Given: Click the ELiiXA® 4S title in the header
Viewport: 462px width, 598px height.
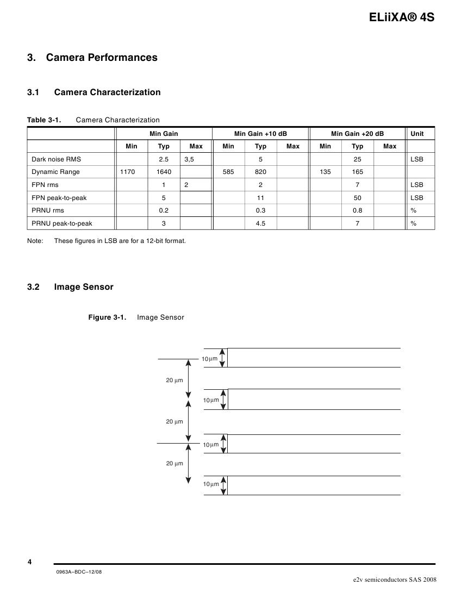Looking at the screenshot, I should point(402,17).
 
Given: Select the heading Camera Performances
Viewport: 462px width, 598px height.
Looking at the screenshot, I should point(102,58).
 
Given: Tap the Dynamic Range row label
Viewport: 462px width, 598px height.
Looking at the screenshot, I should point(55,172).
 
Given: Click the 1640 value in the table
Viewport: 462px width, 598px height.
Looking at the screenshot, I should point(164,172).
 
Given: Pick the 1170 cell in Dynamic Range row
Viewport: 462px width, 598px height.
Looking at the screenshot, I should point(132,172).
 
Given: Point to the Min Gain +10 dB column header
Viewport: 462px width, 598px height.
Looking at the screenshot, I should point(260,134).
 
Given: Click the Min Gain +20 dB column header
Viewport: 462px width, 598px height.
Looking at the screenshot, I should point(357,134).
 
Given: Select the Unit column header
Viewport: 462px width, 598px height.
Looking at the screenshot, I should point(417,134).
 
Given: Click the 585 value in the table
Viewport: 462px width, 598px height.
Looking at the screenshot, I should point(228,172).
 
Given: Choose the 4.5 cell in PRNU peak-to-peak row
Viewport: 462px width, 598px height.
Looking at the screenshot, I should point(260,223).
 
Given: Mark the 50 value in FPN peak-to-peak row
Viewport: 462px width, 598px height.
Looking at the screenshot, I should point(357,198).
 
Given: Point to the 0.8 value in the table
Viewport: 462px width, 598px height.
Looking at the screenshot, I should point(357,210).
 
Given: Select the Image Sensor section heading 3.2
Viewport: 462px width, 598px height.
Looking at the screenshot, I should point(84,287).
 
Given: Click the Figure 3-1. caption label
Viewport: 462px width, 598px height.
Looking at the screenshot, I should point(108,317).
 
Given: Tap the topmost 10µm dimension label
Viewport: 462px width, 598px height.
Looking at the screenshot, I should point(210,359).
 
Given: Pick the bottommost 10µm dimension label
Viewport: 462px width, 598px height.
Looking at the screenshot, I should point(211,484).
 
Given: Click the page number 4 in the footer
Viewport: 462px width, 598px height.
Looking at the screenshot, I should point(29,562).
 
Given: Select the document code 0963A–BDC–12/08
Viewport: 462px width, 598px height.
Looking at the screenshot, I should point(79,571).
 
